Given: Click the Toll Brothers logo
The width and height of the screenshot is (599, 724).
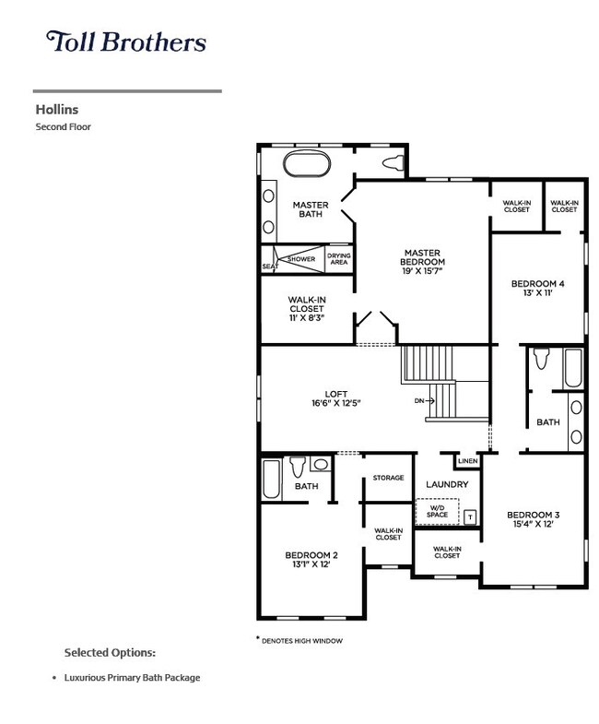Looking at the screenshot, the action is (x=126, y=42).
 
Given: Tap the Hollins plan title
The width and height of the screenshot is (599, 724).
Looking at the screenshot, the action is (x=57, y=110).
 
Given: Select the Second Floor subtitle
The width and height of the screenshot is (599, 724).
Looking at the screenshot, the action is (x=64, y=126).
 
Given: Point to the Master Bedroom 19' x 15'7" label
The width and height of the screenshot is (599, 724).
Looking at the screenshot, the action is (x=422, y=262).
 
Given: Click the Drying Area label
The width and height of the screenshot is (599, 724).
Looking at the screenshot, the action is (x=339, y=258).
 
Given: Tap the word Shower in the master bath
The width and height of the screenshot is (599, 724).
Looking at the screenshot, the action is (x=301, y=259).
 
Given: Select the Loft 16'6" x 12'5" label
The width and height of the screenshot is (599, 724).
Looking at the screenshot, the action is (x=336, y=398).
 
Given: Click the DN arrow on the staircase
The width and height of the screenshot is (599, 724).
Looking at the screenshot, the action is (x=425, y=401).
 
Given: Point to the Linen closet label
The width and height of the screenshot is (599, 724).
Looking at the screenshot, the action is (x=467, y=461).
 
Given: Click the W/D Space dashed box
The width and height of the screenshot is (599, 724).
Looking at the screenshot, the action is (x=437, y=511).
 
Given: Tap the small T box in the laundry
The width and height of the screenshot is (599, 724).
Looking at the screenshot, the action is (x=470, y=517).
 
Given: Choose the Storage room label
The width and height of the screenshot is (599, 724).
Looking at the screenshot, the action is (x=388, y=478).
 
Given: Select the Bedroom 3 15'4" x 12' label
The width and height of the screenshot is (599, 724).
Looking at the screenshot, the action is (x=533, y=519).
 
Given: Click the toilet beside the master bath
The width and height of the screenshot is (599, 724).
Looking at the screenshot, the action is (x=393, y=163).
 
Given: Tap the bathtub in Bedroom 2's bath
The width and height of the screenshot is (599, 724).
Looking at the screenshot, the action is (x=272, y=479).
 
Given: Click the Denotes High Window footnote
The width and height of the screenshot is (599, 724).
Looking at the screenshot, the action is (x=299, y=640).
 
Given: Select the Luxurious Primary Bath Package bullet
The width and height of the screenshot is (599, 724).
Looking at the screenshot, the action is (x=127, y=677).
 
